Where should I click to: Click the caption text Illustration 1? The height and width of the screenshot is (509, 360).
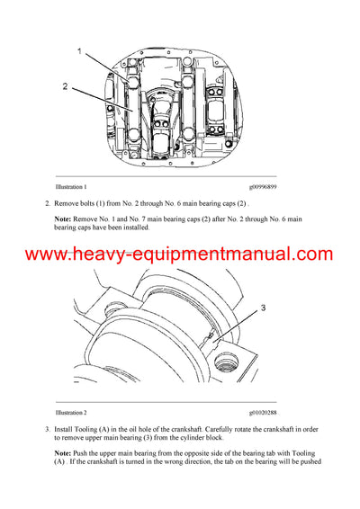click(x=72, y=186)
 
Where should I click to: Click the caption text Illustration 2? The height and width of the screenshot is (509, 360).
click(x=72, y=410)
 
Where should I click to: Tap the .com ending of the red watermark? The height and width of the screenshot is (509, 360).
click(x=314, y=254)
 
